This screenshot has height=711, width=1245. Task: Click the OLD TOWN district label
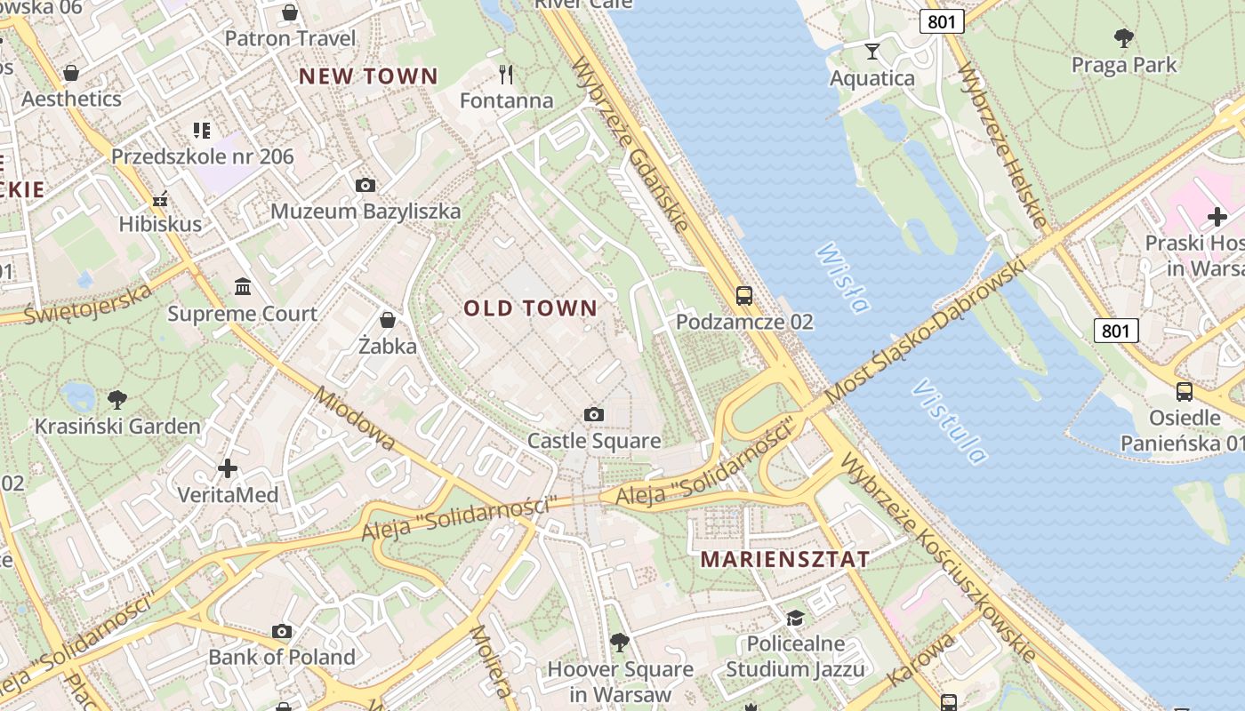pos(530,308)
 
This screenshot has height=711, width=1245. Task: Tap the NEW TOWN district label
pos(368,76)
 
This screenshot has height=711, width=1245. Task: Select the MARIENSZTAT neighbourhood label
pos(785,559)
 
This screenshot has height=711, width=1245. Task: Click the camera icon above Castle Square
pos(594,414)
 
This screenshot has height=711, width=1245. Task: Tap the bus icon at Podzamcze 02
pos(744,296)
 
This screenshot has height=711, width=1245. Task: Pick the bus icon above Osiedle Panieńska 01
pos(1185,391)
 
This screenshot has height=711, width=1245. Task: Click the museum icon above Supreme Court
pos(242,286)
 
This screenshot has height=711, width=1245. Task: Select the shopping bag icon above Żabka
pos(388,319)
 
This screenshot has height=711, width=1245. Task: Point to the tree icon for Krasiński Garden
pos(116,399)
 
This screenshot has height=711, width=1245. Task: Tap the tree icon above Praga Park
pos(1124,37)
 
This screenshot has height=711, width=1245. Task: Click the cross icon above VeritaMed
pos(228,467)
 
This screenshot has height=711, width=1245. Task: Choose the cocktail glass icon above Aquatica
pos(872,52)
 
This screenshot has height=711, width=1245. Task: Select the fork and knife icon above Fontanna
pos(507,74)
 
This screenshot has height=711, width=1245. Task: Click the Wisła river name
pos(841,278)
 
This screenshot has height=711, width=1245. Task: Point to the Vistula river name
pos(950,422)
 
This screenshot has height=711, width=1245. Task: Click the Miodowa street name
pos(354,419)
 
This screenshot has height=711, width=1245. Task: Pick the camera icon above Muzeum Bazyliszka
pos(365,185)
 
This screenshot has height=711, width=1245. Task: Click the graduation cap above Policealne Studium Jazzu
pos(794,617)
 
